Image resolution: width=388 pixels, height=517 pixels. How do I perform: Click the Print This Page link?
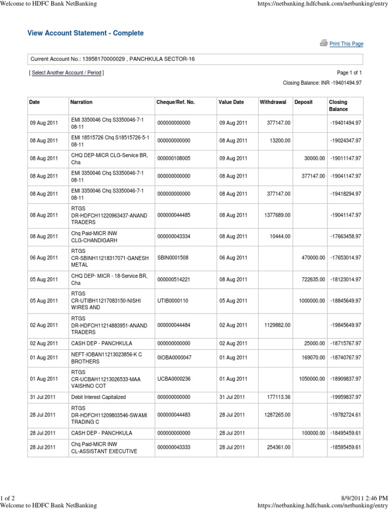point(346,44)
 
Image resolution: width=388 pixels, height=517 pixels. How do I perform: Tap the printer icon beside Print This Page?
point(323,43)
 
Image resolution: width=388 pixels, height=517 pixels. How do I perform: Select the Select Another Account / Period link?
point(66,73)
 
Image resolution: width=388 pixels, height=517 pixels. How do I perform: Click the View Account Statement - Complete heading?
point(85,33)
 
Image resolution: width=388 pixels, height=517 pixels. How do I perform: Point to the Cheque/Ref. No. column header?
point(176,102)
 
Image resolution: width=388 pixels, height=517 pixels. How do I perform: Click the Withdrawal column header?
point(273,102)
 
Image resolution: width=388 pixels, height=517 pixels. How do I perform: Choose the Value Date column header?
point(231,102)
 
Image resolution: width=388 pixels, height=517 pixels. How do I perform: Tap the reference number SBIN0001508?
point(173,257)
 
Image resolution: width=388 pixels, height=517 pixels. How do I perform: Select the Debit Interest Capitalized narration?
point(98,397)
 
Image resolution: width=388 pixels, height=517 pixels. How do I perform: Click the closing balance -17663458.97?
point(345,236)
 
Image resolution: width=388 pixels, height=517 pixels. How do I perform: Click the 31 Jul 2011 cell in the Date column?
point(43,397)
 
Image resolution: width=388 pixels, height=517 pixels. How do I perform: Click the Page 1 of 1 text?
point(349,73)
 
